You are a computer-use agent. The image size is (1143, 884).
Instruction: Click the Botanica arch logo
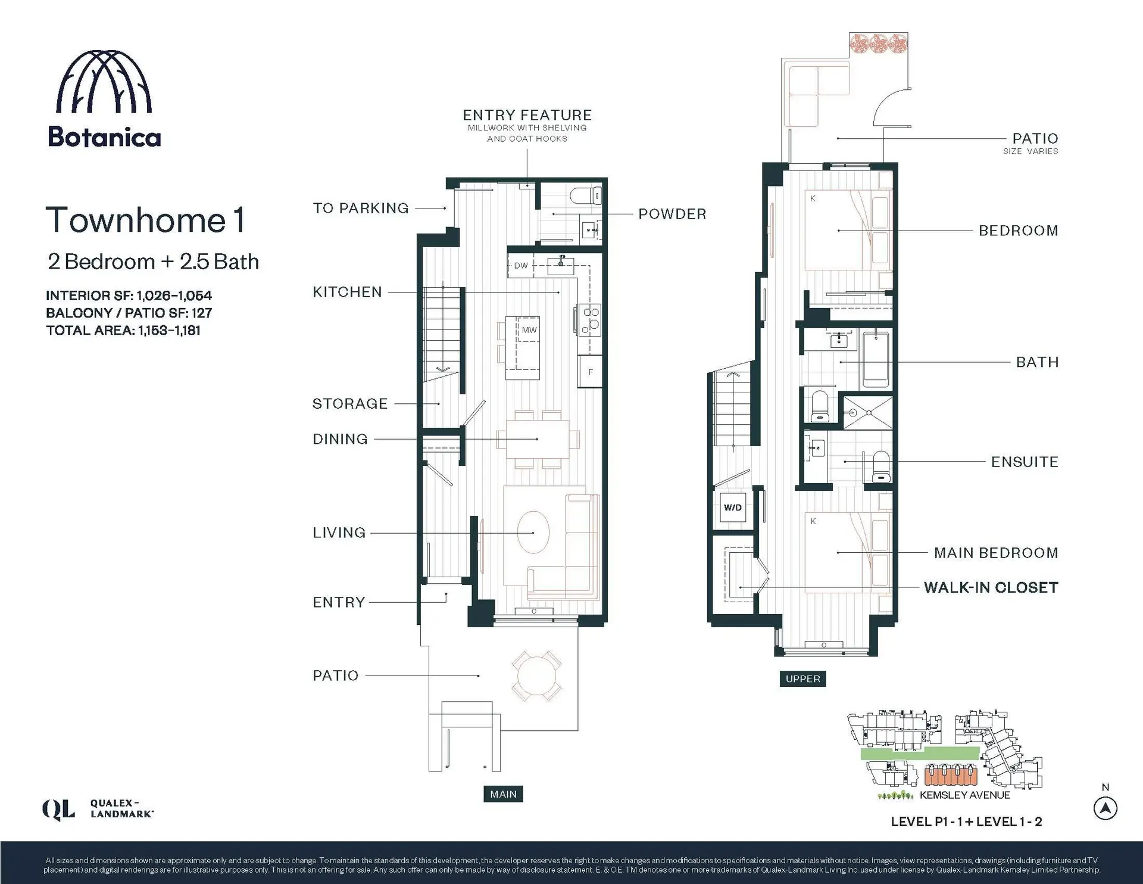coord(104,82)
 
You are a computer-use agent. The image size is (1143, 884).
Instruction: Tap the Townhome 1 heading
coord(145,220)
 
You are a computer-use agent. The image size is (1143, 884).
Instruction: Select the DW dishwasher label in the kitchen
coord(521,266)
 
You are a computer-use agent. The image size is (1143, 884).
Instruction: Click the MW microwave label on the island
coord(529,330)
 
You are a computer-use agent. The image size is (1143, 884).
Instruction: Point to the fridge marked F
coord(591,372)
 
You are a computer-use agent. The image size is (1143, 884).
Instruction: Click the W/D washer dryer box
coord(733,508)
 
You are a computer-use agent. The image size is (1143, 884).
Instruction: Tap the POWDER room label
coord(672,214)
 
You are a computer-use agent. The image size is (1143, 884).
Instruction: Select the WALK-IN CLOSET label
coord(991,587)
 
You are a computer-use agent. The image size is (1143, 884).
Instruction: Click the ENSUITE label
coord(1025,462)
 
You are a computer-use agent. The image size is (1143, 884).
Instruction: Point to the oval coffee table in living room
coord(533,532)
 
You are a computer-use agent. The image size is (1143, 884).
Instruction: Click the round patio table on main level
coord(537,676)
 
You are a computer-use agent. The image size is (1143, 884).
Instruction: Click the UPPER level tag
coord(802,678)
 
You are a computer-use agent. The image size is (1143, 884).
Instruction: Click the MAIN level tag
coord(503,794)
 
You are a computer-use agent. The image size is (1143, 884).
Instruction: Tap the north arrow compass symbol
coord(1105,808)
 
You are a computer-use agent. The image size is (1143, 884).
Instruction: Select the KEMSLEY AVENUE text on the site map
coord(964,795)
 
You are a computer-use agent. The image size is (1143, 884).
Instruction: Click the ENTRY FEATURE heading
coord(527,115)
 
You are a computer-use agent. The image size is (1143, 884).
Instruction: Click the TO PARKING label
coord(361,208)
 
